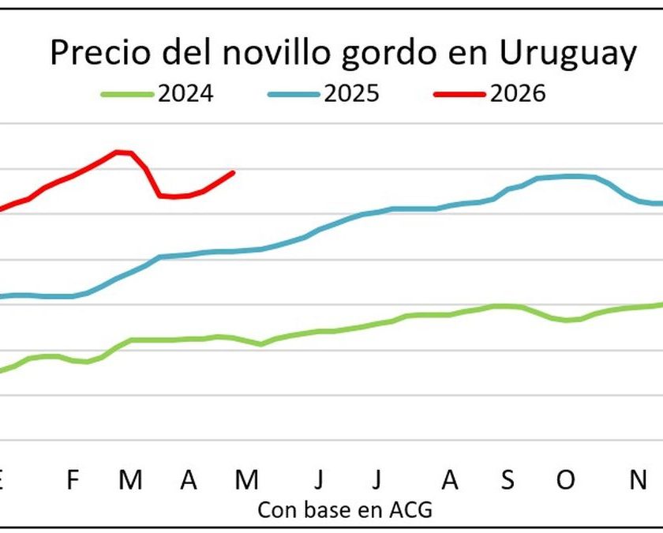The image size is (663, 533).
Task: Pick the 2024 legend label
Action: (x=185, y=94)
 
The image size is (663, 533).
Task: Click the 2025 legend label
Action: (x=351, y=94)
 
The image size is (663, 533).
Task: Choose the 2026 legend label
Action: (x=518, y=94)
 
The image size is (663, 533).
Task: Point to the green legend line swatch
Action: (x=126, y=94)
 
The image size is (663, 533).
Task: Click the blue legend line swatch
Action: (x=293, y=94)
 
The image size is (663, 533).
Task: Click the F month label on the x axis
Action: (x=73, y=479)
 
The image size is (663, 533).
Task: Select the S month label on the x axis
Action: (x=508, y=479)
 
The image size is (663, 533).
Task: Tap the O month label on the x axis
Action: (x=566, y=479)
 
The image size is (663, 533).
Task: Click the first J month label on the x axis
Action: (x=319, y=479)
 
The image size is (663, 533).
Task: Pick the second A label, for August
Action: (x=449, y=479)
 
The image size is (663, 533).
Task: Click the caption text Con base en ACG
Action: (x=345, y=509)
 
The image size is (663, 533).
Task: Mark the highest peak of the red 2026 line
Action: (x=118, y=152)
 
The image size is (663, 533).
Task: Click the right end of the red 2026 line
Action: (x=234, y=172)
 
